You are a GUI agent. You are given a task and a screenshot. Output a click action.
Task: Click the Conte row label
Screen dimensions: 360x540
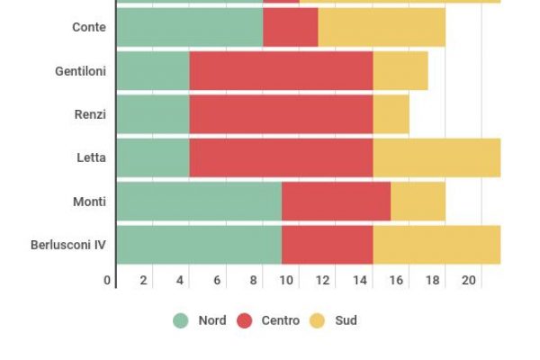[88, 27]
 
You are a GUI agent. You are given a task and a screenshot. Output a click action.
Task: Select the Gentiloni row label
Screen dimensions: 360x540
[80, 71]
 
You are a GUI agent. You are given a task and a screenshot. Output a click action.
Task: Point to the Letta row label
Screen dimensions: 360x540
[91, 157]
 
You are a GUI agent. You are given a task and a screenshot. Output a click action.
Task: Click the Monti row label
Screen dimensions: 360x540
[89, 202]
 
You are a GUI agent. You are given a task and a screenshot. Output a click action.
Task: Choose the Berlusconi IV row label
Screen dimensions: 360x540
[68, 245]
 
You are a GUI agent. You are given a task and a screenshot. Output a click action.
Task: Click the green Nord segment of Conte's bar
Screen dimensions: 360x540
[189, 27]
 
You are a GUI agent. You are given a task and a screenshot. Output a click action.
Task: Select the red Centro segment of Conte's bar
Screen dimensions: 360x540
[290, 27]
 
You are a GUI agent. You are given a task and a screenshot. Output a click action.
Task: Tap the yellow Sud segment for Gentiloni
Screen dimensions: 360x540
[400, 71]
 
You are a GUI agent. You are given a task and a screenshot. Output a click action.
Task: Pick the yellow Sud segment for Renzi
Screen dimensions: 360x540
[391, 114]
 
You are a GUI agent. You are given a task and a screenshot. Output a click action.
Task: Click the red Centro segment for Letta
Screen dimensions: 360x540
[281, 157]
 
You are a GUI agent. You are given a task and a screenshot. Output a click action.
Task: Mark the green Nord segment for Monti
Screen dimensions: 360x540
[198, 202]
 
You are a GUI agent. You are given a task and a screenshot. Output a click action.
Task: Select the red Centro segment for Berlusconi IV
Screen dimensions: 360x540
[327, 245]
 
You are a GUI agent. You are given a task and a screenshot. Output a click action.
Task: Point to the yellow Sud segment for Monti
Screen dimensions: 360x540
[418, 202]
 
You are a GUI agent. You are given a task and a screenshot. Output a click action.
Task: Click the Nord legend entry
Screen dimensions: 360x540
[200, 320]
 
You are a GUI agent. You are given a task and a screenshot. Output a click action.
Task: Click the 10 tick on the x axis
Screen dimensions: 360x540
[286, 280]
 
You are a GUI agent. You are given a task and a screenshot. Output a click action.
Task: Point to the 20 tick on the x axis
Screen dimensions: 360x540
[468, 280]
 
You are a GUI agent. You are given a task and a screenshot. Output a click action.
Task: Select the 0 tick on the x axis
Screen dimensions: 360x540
[107, 280]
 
